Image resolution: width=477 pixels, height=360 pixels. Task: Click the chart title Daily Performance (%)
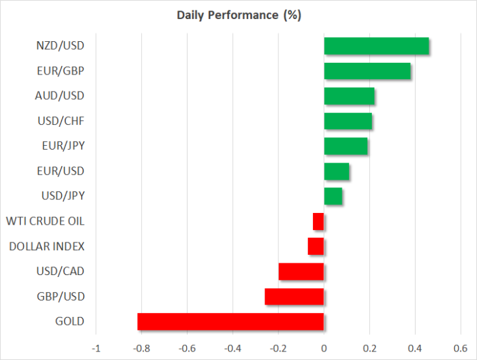239,15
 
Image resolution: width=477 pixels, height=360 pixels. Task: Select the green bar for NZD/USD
376,46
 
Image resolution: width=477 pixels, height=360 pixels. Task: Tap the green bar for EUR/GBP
367,71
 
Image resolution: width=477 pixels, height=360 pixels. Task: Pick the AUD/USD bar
349,96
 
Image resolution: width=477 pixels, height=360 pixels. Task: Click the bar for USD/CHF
348,121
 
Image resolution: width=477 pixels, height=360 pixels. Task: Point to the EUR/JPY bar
346,146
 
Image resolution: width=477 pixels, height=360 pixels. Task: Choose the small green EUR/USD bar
337,171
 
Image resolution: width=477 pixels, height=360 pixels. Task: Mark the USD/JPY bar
333,196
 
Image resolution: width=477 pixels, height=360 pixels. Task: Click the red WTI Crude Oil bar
318,221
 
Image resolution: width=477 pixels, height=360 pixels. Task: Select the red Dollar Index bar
316,246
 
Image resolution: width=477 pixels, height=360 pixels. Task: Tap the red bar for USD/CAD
301,272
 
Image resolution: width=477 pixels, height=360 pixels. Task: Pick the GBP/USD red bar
294,297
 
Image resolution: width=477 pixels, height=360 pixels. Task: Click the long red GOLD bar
231,321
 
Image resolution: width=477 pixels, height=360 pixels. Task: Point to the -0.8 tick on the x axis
141,348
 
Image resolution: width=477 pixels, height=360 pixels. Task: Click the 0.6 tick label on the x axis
461,348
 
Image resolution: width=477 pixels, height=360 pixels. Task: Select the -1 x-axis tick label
96,348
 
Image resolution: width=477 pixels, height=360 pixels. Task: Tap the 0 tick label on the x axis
324,348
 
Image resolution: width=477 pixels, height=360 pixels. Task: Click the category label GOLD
70,321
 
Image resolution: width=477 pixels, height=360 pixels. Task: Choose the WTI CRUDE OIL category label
45,221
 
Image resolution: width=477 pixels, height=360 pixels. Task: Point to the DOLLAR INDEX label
47,246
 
